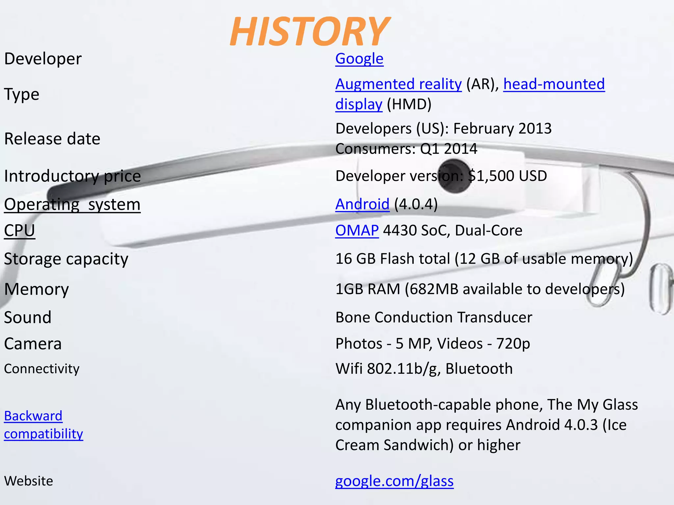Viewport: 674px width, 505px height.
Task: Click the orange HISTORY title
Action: [309, 31]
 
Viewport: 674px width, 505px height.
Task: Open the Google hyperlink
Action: [359, 59]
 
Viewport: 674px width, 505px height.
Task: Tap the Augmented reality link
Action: [399, 84]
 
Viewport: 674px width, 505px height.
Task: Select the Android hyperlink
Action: [362, 204]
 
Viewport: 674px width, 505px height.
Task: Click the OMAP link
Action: [357, 230]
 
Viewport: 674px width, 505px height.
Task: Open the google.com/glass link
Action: [394, 481]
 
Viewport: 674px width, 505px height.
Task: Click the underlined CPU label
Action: [19, 230]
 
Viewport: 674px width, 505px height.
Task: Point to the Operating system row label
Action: [72, 204]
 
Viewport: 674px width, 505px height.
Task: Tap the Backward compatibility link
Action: [43, 425]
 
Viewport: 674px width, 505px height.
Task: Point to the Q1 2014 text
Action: [449, 149]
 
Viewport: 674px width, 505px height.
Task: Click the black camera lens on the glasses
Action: [455, 176]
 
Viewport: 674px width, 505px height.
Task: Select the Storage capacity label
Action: [66, 259]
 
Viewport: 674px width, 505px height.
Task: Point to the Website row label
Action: [29, 481]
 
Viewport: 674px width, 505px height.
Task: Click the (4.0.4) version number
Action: [416, 204]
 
